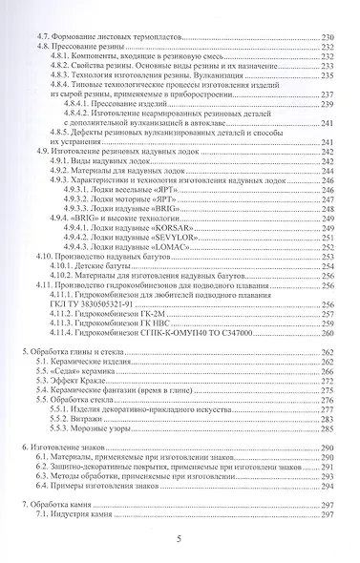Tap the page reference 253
coord(327,258)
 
